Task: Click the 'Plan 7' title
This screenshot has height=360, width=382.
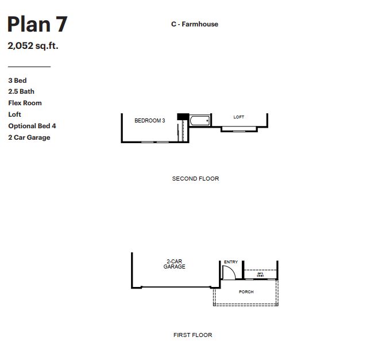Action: (37, 24)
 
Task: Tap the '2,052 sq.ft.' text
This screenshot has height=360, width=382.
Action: (33, 46)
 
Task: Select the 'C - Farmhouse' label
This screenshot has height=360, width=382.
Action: (194, 24)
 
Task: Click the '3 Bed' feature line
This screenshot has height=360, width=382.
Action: (17, 81)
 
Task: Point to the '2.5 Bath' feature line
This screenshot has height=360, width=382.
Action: (21, 91)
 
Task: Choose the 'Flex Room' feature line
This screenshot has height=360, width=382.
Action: (25, 103)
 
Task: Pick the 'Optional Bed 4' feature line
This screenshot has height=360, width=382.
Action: (32, 126)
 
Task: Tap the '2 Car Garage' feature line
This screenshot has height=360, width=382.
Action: (29, 137)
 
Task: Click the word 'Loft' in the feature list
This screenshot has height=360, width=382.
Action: (15, 114)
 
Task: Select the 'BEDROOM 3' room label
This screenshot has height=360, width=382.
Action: (149, 121)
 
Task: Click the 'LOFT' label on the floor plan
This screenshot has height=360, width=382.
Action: (239, 117)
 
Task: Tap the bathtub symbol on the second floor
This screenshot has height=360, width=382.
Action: (200, 121)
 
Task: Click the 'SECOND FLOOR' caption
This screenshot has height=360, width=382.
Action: (195, 179)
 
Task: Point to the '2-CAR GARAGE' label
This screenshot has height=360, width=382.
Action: (174, 265)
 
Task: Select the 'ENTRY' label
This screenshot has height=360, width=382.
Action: (230, 262)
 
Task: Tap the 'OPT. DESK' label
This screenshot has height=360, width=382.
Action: (260, 274)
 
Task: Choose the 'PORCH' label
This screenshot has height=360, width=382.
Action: (246, 292)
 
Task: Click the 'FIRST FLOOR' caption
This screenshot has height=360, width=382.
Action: (192, 335)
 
